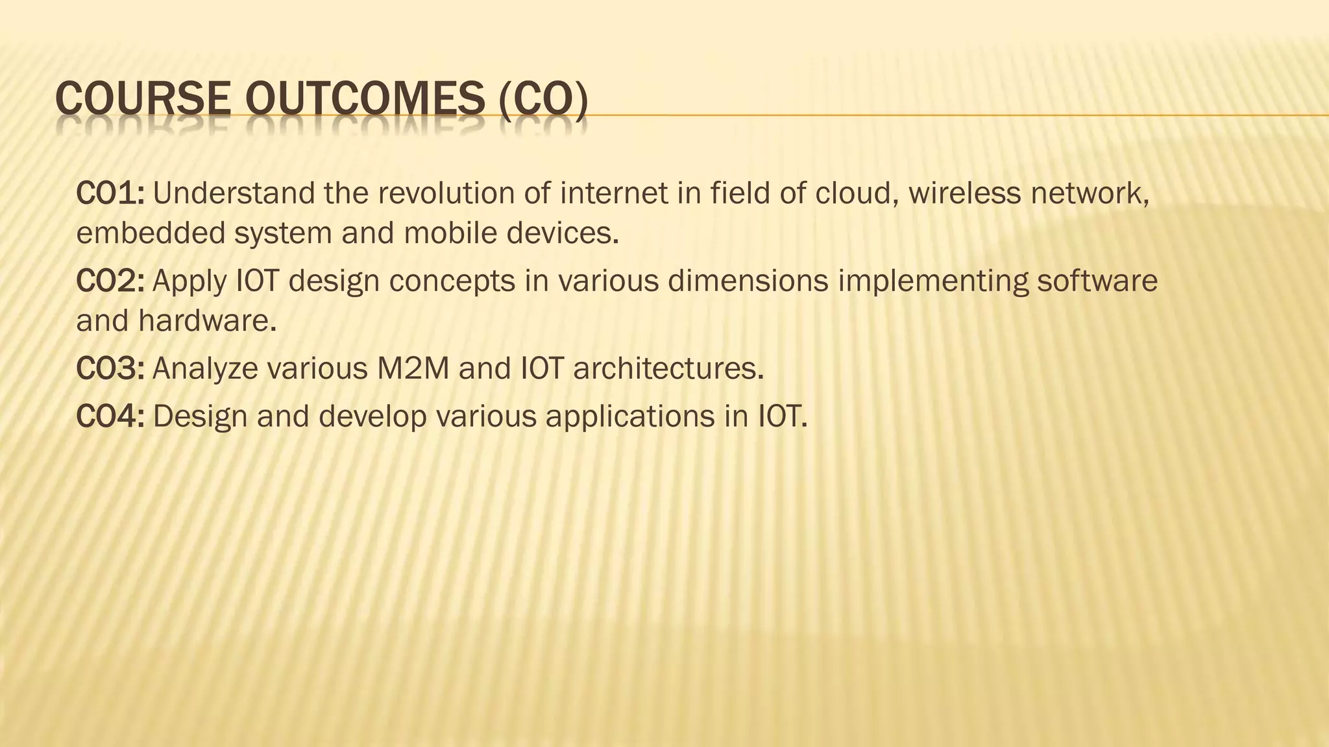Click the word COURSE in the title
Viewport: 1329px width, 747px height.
pos(143,102)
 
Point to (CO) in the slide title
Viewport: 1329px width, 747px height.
pos(544,102)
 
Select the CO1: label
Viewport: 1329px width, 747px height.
pos(110,193)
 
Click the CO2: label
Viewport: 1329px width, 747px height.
pos(110,281)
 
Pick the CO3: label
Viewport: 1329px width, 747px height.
pos(110,368)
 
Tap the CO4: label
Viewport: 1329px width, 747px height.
pos(110,416)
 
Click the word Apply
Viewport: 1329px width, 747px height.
pos(189,282)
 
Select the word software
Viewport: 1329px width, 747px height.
pos(1097,281)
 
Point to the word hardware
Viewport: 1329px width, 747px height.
pos(207,320)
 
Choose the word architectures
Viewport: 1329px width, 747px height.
pos(668,368)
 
